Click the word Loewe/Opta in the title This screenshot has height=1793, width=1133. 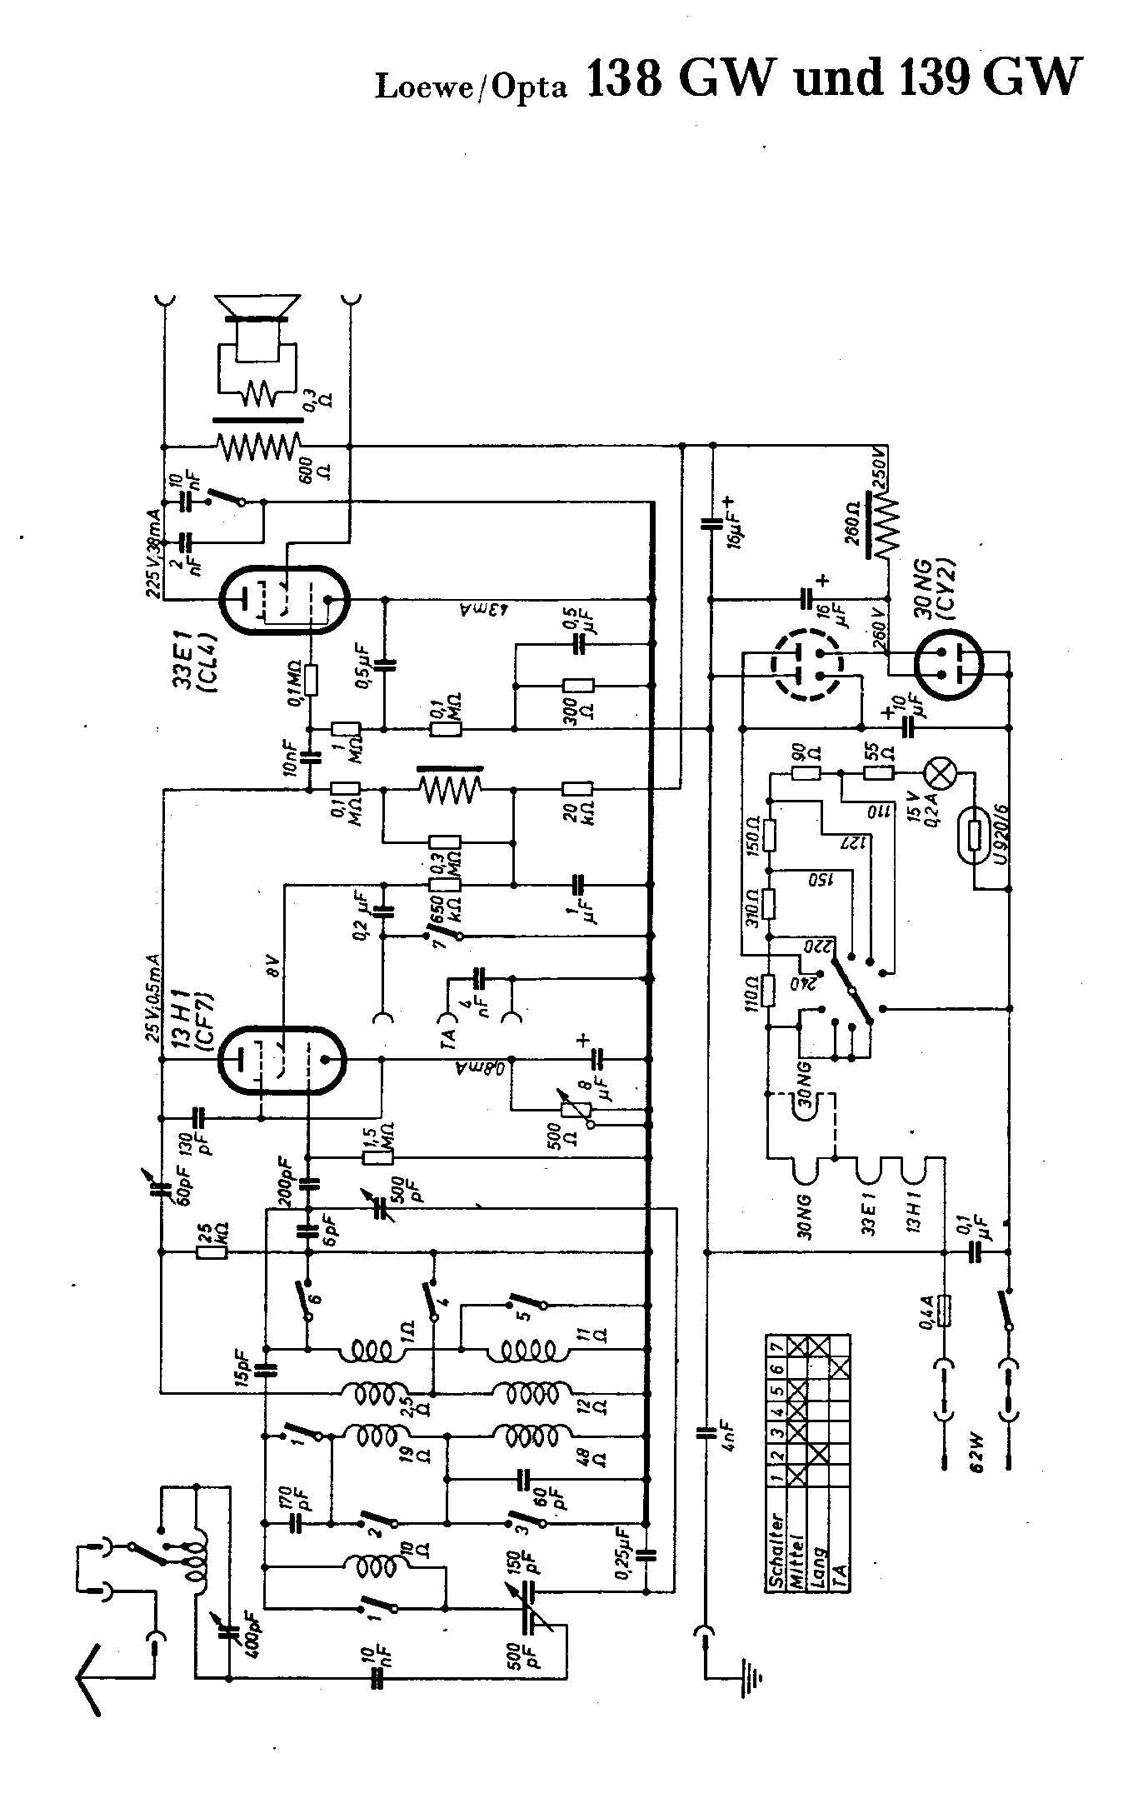[x=471, y=86]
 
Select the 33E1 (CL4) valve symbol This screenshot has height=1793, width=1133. [x=283, y=599]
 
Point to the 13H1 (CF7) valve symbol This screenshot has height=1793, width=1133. [x=281, y=1060]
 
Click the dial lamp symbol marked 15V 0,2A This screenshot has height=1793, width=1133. [x=943, y=773]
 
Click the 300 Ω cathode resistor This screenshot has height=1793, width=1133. [x=577, y=686]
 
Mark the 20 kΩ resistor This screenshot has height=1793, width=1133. [x=577, y=789]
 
